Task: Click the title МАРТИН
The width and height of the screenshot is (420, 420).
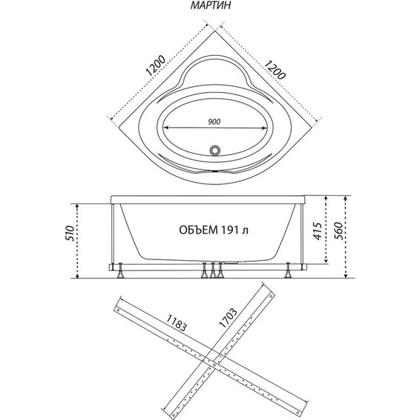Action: (210, 5)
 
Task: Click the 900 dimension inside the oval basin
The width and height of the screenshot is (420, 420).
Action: (214, 122)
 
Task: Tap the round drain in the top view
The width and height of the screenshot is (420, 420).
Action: (214, 150)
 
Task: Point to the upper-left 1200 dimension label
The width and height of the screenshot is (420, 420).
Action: (156, 66)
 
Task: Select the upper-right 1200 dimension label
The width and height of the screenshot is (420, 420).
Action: (275, 70)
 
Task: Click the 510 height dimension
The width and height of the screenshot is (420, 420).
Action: (69, 234)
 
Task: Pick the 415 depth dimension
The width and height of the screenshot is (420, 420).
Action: (317, 231)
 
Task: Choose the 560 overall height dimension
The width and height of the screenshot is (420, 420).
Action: (339, 231)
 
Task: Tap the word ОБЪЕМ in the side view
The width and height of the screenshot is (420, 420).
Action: (198, 230)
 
